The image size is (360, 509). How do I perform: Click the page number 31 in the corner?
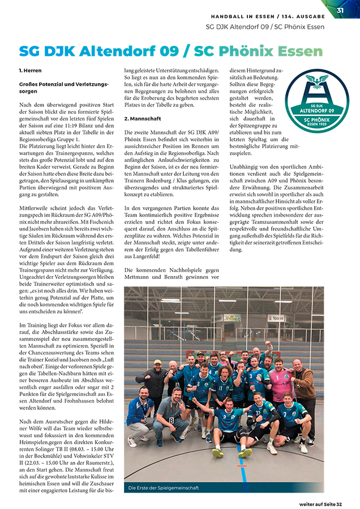(x=340, y=10)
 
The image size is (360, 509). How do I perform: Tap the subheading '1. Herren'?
(x=30, y=71)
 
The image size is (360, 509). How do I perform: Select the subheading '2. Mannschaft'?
(x=142, y=119)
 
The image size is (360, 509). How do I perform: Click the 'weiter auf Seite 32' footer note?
(x=328, y=503)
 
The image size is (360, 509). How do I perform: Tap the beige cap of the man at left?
(x=158, y=362)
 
